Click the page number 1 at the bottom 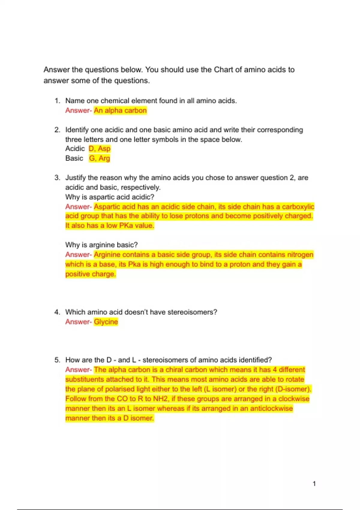(314, 484)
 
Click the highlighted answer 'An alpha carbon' (120, 110)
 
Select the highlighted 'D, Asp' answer (100, 148)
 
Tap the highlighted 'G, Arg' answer (100, 158)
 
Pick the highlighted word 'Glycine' (106, 322)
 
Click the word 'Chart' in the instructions (223, 70)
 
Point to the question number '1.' (57, 101)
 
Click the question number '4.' (57, 312)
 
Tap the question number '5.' (57, 360)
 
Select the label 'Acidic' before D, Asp (75, 148)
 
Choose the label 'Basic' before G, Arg (74, 158)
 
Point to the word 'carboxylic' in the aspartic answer (298, 207)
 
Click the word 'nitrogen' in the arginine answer (300, 255)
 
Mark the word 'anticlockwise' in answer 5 (271, 408)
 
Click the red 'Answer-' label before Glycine (78, 322)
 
